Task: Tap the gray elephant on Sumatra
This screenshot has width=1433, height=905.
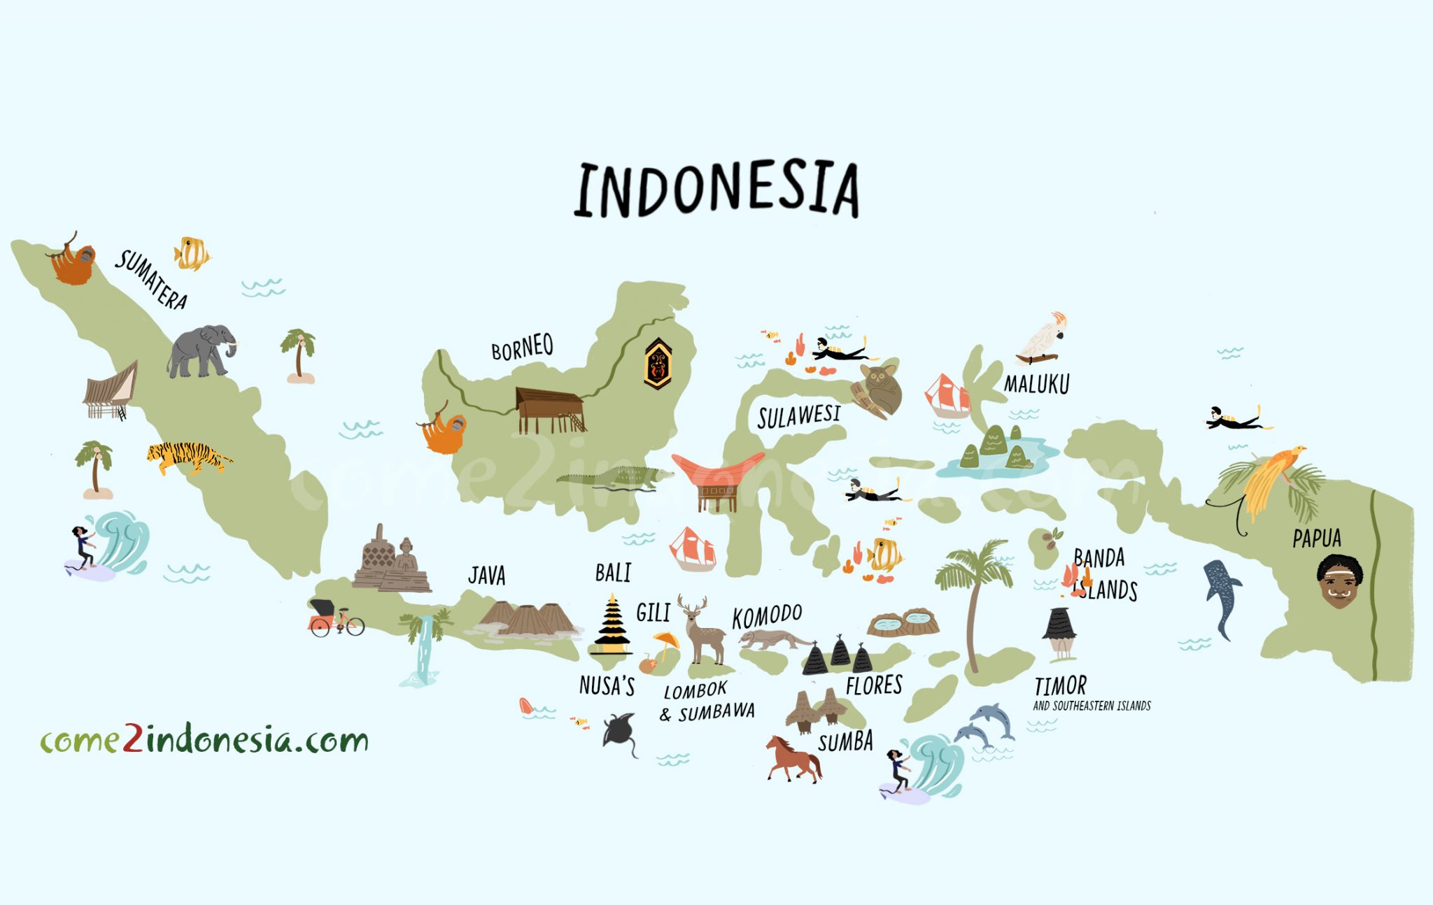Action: (x=202, y=350)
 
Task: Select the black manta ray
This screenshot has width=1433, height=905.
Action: (x=620, y=732)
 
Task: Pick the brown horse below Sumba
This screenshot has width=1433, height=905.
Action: (x=793, y=759)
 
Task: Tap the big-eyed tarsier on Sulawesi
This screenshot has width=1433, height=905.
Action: (x=879, y=388)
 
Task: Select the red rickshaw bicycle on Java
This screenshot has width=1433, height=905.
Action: (x=334, y=618)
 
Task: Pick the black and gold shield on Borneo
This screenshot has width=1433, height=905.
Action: (x=658, y=363)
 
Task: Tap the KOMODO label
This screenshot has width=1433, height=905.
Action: (x=767, y=617)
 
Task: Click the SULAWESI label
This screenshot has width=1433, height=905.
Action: (x=799, y=416)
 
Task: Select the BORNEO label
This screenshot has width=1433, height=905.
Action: (x=522, y=347)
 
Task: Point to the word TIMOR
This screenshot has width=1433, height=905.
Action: (x=1060, y=685)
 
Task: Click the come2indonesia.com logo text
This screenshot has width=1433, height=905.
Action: (x=204, y=740)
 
